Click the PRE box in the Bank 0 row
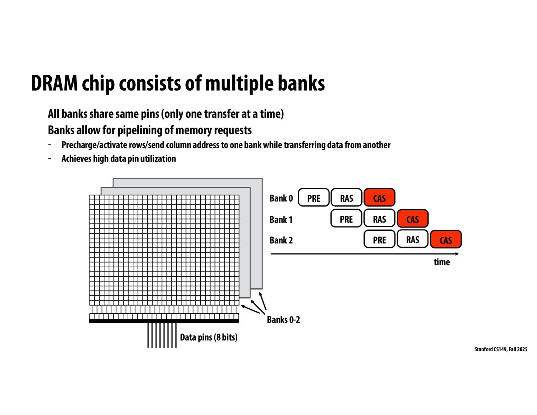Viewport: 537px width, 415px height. (x=314, y=198)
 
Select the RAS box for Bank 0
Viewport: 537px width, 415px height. (x=346, y=198)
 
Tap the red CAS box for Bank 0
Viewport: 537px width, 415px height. (x=379, y=198)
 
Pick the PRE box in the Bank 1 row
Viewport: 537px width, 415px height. (x=346, y=219)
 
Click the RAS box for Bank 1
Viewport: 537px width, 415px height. (x=379, y=219)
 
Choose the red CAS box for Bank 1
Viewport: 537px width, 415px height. (x=413, y=219)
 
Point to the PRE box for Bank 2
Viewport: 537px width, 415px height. (x=379, y=240)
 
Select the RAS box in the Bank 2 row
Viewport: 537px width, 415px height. (x=413, y=239)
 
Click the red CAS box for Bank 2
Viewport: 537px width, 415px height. (x=446, y=240)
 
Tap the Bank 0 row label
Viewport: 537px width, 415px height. (x=281, y=198)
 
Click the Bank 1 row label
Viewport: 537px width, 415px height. (x=281, y=220)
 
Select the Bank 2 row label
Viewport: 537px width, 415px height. (x=281, y=240)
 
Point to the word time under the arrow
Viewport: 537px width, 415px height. (x=442, y=262)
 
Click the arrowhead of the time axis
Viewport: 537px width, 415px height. (x=457, y=254)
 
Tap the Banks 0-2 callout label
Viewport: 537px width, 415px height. (x=283, y=320)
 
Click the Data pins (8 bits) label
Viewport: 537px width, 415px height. (x=209, y=337)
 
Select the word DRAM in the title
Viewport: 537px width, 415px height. (x=54, y=83)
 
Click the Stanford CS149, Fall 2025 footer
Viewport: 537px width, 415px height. (x=501, y=349)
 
